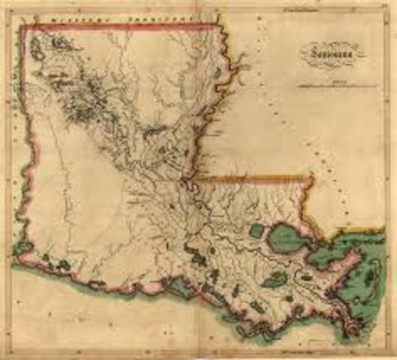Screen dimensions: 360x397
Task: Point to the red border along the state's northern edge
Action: pyautogui.click(x=120, y=27)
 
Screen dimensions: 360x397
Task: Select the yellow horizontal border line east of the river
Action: pyautogui.click(x=255, y=178)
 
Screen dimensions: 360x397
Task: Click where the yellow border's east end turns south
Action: pyautogui.click(x=311, y=178)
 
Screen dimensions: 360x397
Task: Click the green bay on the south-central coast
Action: pyautogui.click(x=198, y=258)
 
